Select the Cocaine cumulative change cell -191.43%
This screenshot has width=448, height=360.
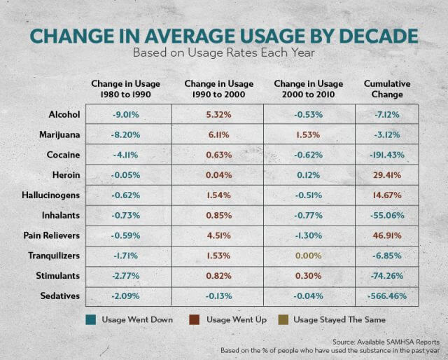pos(386,154)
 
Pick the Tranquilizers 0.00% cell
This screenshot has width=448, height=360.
pos(309,256)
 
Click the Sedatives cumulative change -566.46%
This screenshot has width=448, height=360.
pos(386,297)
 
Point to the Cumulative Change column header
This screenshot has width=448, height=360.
pos(387,89)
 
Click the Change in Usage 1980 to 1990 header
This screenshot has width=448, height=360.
pos(126,89)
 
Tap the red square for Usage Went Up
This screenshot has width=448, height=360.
pos(193,320)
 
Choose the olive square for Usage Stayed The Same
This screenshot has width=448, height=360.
pos(281,320)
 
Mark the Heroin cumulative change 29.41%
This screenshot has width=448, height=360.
pos(386,174)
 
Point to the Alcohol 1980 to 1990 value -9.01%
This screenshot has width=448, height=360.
pos(126,113)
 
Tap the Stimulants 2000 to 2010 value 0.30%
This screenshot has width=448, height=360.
pos(309,277)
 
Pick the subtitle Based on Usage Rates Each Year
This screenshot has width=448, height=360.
pos(224,53)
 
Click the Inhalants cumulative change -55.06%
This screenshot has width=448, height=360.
pos(386,216)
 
